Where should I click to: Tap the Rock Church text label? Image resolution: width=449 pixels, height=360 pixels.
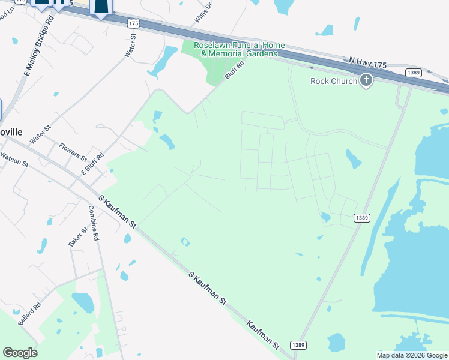click(x=334, y=81)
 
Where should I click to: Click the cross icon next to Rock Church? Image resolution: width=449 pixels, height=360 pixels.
click(x=366, y=80)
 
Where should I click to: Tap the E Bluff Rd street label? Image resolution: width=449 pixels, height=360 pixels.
click(x=92, y=164)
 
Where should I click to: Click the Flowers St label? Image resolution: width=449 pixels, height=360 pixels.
click(x=73, y=151)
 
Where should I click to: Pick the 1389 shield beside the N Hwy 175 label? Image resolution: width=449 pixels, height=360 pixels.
click(x=412, y=73)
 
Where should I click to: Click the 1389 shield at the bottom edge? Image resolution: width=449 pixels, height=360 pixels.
click(x=298, y=345)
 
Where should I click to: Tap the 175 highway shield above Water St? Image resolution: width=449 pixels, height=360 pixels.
click(x=133, y=23)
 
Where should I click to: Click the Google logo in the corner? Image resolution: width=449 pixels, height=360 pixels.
click(x=20, y=353)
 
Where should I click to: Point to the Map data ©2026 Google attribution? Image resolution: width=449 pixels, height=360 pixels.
click(x=412, y=355)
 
